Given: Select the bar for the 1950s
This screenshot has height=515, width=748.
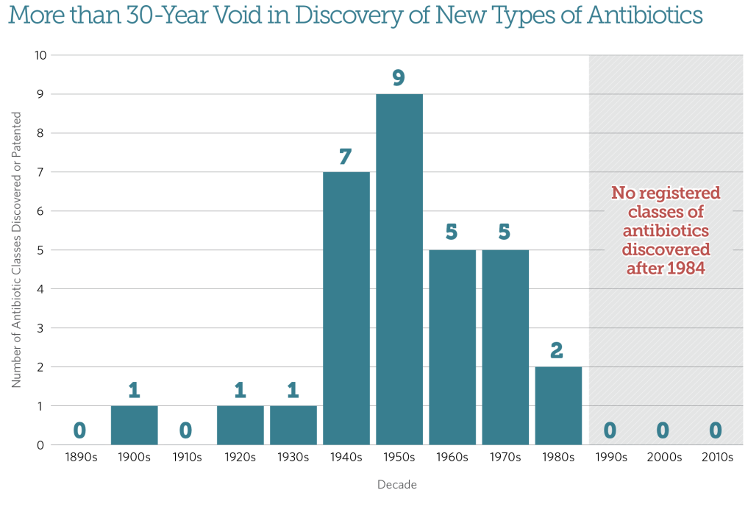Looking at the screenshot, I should click(x=399, y=269).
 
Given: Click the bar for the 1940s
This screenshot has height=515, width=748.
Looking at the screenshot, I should click(x=346, y=308).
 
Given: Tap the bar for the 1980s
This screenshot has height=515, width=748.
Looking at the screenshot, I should click(x=558, y=405).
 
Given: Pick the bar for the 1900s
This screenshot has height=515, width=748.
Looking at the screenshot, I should click(x=134, y=425).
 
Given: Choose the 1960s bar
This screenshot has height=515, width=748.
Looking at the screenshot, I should click(x=452, y=347).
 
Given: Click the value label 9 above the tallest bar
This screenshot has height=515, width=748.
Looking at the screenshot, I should click(x=399, y=78).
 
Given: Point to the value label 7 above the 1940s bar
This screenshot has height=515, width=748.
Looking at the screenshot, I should click(x=346, y=156).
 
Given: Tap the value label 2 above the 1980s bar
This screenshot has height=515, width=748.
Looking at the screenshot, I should click(x=558, y=351).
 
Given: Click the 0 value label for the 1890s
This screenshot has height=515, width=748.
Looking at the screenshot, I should click(x=81, y=430).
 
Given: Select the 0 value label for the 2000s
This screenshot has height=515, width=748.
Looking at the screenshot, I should click(x=663, y=430).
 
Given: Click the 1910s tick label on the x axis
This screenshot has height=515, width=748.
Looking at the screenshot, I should click(x=187, y=458).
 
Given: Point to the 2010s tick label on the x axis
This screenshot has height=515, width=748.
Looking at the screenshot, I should click(x=716, y=458).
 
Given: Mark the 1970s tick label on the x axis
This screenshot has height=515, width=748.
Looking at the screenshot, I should click(x=505, y=458).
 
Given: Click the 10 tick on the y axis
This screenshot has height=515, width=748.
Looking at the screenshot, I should click(x=40, y=55).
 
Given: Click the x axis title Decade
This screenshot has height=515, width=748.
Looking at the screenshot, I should click(x=398, y=485).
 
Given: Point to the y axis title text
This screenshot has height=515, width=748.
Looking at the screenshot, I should click(x=17, y=250).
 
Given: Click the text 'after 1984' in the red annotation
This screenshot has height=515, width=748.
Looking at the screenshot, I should click(x=666, y=269).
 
